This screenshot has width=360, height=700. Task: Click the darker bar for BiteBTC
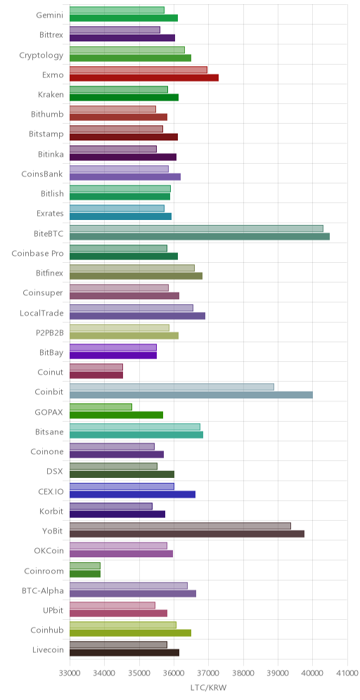click(x=200, y=236)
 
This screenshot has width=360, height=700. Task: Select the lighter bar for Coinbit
click(x=172, y=387)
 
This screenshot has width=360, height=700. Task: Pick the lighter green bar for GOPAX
click(x=101, y=407)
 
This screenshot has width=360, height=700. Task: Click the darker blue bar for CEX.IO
click(x=133, y=494)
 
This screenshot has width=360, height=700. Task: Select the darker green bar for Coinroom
click(x=85, y=573)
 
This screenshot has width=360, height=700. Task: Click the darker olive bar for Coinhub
click(x=130, y=633)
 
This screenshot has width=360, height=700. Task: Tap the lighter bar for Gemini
click(x=117, y=11)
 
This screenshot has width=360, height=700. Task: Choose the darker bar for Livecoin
click(x=124, y=653)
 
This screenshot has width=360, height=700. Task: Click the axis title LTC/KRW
click(x=209, y=688)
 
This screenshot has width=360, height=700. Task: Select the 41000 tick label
click(x=347, y=672)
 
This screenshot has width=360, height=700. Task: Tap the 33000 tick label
click(x=70, y=672)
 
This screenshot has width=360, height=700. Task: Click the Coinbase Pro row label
click(x=37, y=254)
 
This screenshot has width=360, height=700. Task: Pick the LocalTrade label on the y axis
click(x=41, y=313)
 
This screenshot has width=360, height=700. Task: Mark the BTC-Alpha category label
click(x=42, y=590)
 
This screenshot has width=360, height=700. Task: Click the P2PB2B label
click(x=49, y=332)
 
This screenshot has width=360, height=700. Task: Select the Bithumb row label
click(x=47, y=115)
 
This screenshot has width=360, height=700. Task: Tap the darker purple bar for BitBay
click(x=113, y=356)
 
